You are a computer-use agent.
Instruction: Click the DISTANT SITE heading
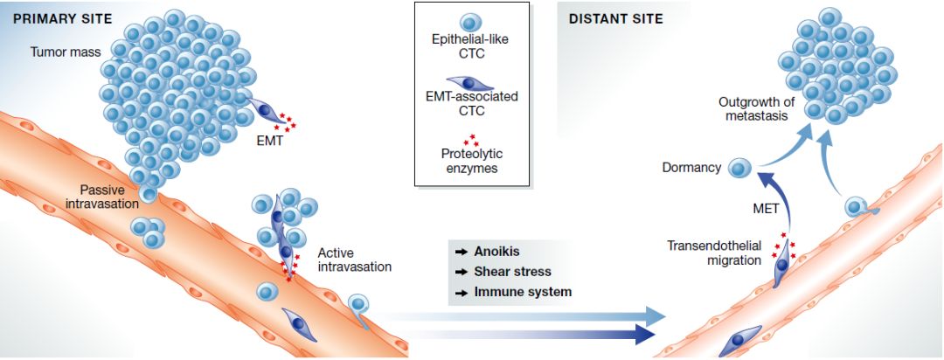(615, 18)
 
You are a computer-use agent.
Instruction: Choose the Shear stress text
(512, 271)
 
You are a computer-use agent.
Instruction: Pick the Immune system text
(522, 292)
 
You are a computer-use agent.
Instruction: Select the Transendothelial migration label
(713, 253)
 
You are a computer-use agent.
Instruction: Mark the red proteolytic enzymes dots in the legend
(472, 139)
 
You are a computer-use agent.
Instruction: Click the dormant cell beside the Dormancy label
(740, 166)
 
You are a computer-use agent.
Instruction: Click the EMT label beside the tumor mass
(270, 140)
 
